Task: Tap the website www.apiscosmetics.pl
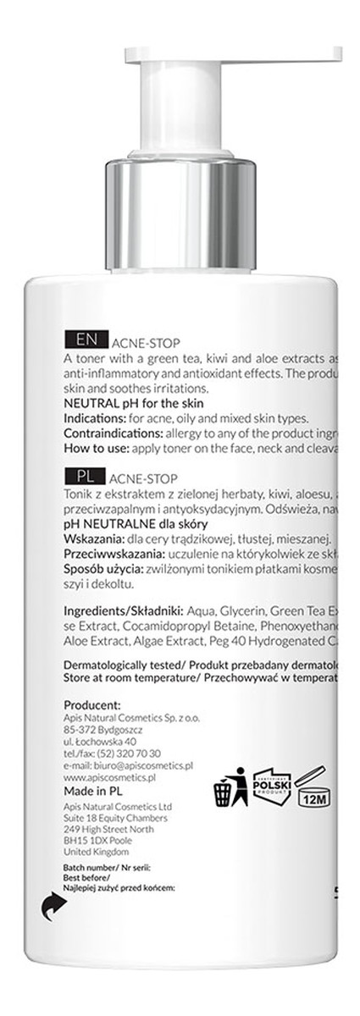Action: pyautogui.click(x=112, y=765)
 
